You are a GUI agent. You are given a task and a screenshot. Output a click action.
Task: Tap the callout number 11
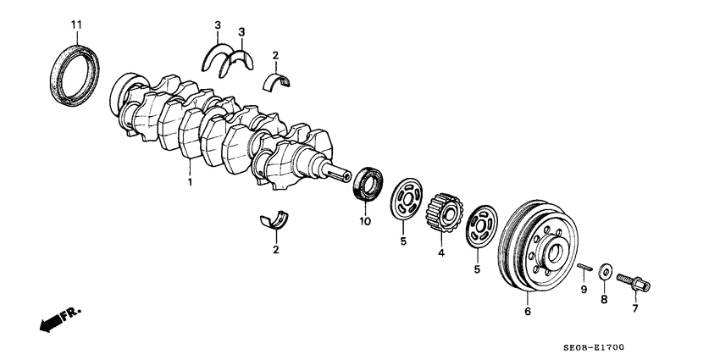click(76, 23)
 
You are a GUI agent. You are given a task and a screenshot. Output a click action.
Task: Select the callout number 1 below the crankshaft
click(189, 182)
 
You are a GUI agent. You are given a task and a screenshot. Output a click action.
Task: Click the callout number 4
click(440, 252)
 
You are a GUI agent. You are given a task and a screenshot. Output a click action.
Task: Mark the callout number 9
click(583, 290)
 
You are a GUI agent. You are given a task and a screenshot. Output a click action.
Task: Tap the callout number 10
click(365, 222)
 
